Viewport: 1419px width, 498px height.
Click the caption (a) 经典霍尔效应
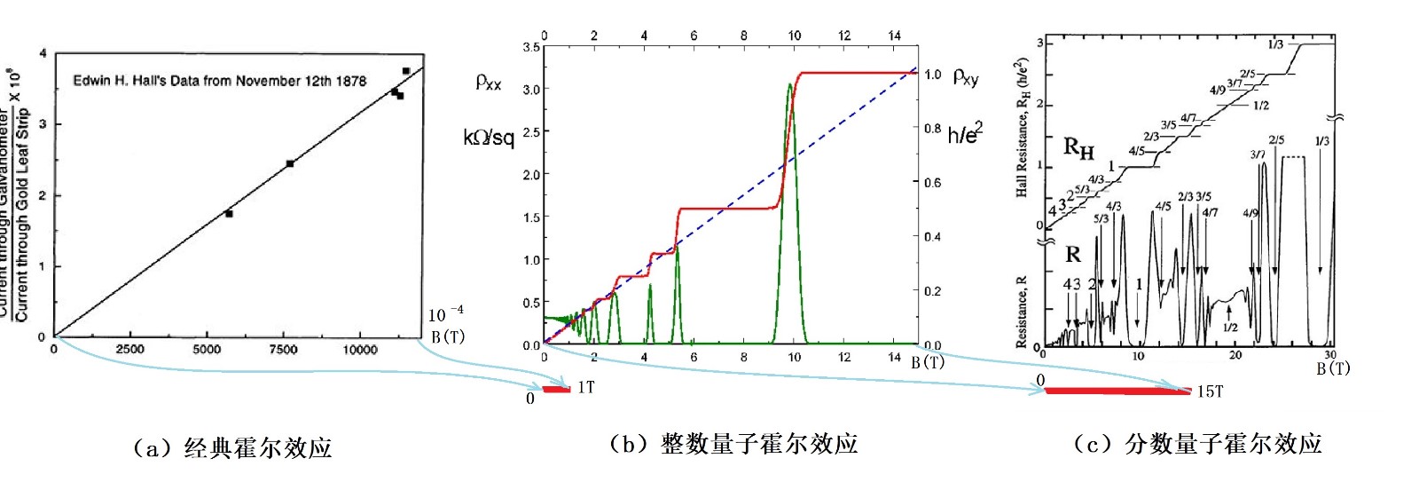232,448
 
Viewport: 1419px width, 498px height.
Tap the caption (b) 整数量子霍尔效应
733,444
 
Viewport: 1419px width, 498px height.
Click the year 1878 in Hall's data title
350,81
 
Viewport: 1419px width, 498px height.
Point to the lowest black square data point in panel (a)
229,214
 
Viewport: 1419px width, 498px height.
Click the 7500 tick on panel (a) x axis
283,350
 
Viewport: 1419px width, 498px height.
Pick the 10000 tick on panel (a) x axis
359,350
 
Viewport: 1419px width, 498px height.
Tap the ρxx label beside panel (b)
489,83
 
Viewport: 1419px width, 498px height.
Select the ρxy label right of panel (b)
966,77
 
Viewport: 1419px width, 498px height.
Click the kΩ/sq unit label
488,138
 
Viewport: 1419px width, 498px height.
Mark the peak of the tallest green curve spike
789,84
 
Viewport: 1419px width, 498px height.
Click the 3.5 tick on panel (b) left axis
531,47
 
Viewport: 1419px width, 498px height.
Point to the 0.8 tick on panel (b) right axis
932,129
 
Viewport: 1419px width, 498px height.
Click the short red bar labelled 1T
557,389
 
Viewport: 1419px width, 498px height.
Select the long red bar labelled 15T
1117,390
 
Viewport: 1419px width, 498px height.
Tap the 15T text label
1210,391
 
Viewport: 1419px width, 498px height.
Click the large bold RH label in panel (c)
1078,147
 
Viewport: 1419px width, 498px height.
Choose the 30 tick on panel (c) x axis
1330,355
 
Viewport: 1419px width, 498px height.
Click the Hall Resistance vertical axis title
1022,129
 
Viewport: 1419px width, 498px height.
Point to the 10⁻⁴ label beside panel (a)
445,314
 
